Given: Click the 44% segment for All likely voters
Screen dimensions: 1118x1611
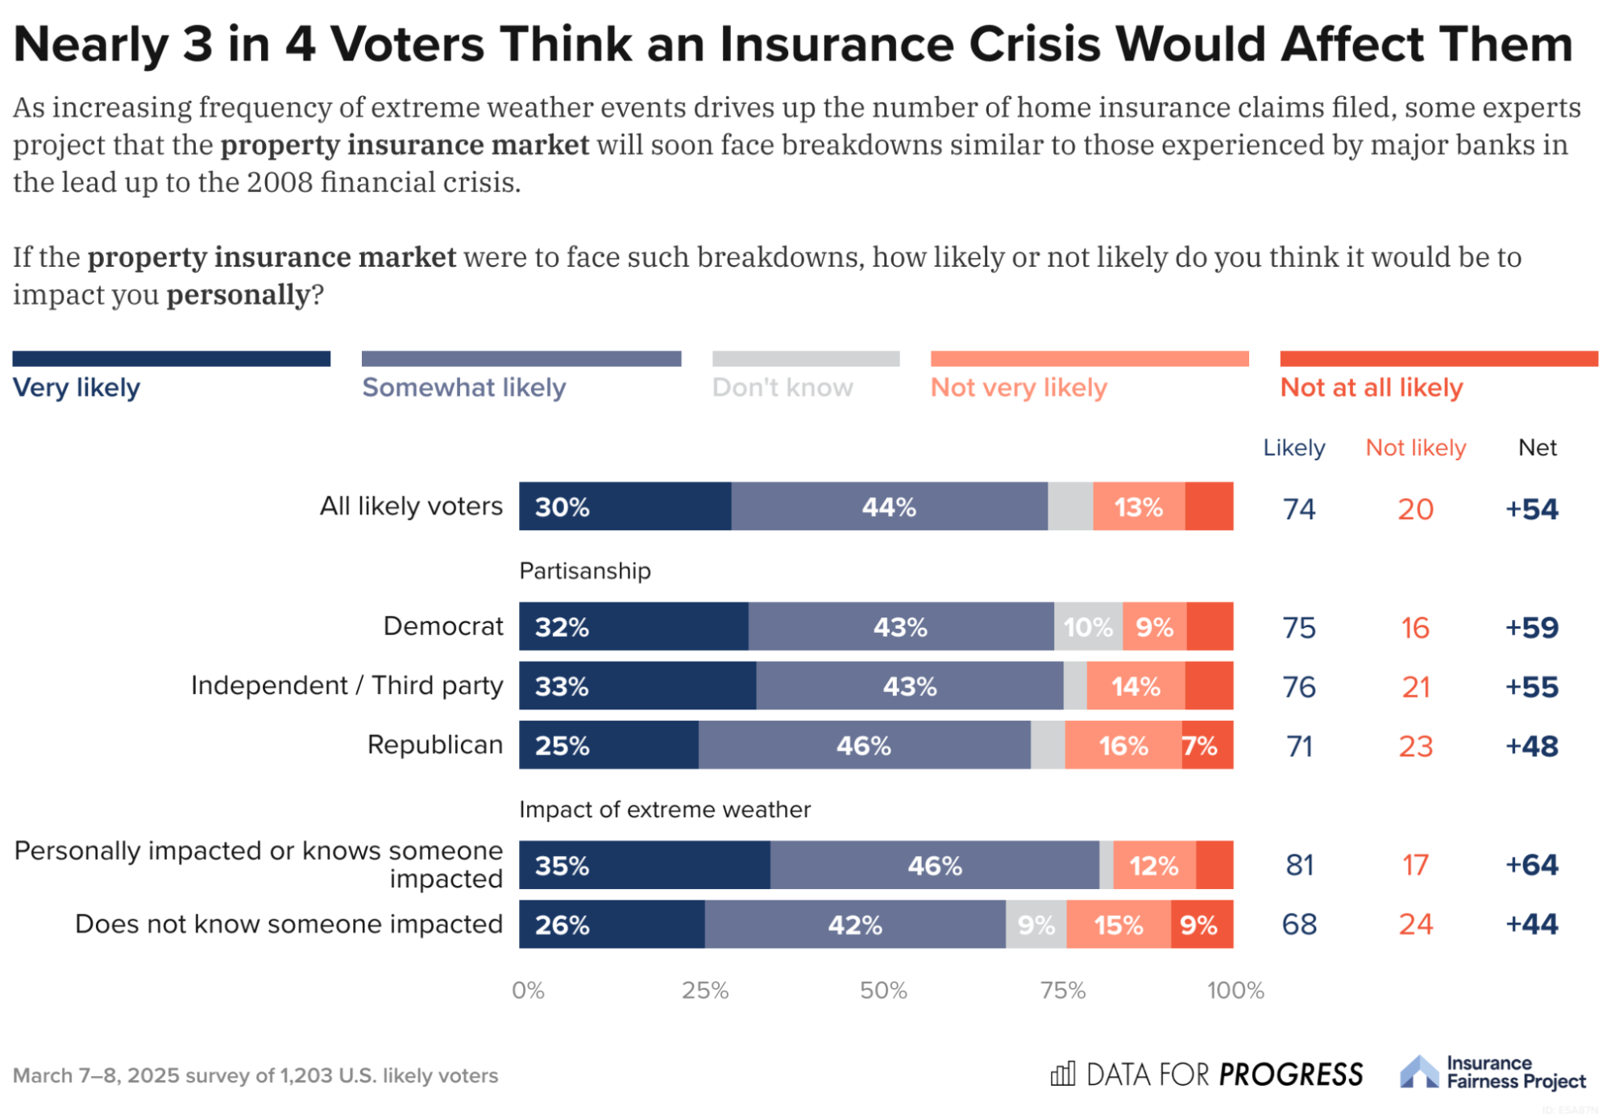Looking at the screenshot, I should coord(889,507).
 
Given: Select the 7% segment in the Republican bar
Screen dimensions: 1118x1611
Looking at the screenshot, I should coord(1206,746).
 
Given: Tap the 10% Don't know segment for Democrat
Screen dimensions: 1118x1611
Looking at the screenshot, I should coord(1088,627).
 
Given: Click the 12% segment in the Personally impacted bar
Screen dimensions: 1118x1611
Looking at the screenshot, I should coord(1154,866).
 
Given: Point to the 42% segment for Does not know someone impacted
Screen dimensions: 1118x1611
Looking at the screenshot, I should coord(855,925).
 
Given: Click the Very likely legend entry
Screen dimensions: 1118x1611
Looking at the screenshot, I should coord(77,388).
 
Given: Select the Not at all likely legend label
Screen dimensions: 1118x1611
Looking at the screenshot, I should coord(1371,388).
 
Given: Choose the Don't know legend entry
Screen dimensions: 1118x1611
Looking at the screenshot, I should coord(782,388).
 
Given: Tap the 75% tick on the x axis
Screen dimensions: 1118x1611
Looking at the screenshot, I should coord(1062,991).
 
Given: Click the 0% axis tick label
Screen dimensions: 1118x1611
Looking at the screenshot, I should coord(528,991).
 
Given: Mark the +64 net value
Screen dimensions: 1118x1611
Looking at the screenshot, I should coord(1531,865).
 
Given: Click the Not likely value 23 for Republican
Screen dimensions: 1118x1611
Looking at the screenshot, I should coord(1415,746).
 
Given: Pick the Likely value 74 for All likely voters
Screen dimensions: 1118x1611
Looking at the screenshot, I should coord(1299,509).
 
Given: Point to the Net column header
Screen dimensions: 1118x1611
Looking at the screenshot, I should coord(1537,448).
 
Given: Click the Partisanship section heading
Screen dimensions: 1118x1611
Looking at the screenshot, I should coord(584,571).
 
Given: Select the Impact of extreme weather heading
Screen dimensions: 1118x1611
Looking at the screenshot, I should coord(664,809).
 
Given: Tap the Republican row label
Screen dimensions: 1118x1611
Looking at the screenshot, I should coord(434,745).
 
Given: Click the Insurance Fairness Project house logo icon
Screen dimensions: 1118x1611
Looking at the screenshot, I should coord(1418,1072).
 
